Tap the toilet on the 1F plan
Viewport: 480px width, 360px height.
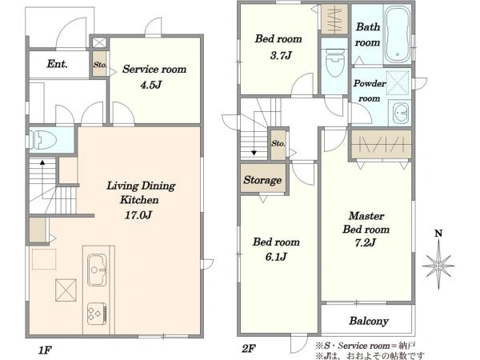tap(43, 140)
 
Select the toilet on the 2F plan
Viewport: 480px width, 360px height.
tap(334, 63)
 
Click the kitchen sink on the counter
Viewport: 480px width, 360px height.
tap(97, 270)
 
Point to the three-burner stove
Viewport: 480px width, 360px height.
tap(97, 314)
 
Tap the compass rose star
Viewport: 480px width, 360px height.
tap(438, 265)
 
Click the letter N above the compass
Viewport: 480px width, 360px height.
tap(438, 234)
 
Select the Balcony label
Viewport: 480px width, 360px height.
tap(369, 321)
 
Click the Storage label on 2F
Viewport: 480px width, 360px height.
tap(262, 180)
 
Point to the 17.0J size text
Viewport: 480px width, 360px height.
tap(138, 215)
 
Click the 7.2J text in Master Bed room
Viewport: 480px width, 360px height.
tap(366, 242)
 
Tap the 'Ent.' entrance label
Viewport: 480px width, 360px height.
tap(58, 64)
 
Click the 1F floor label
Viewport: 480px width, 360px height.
tap(45, 350)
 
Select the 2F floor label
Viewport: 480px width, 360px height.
tap(248, 348)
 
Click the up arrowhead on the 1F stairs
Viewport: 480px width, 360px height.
tap(42, 162)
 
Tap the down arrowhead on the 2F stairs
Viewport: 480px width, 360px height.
tap(254, 153)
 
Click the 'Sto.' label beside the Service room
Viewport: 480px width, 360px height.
tap(100, 65)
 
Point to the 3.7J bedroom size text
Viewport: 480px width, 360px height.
tap(281, 55)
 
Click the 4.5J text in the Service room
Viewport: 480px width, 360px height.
tap(150, 85)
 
